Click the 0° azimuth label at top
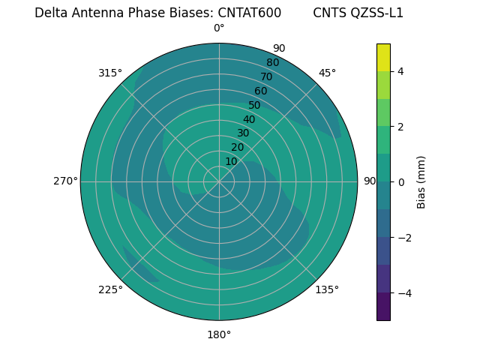click(219, 28)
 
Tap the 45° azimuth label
click(327, 73)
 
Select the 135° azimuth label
click(327, 289)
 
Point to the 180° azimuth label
click(219, 334)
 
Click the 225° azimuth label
click(110, 289)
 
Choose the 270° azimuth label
click(65, 181)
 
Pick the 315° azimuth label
click(110, 73)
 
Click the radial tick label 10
click(231, 161)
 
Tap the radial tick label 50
click(255, 106)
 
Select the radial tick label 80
click(273, 63)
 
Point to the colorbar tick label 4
click(401, 71)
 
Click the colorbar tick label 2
click(401, 127)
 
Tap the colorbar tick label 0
click(401, 182)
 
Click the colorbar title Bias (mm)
click(421, 182)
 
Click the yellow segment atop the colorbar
click(383, 58)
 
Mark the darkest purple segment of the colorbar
click(383, 307)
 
